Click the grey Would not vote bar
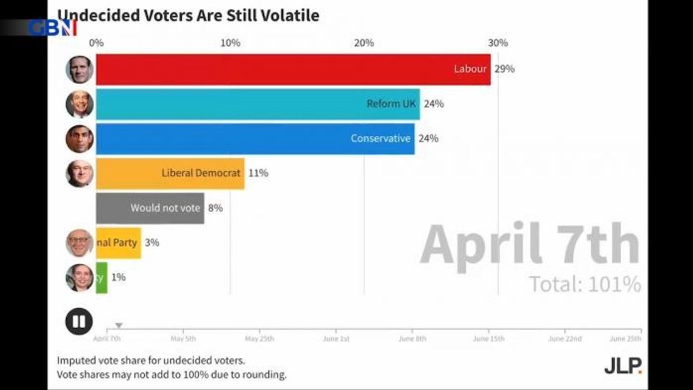click(x=150, y=208)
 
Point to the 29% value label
click(x=505, y=70)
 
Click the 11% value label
click(x=258, y=173)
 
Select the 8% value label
click(x=215, y=208)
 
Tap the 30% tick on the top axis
click(x=498, y=43)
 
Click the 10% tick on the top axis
click(x=230, y=43)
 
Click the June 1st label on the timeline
click(x=336, y=339)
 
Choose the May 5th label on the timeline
click(x=183, y=339)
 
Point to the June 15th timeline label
click(x=489, y=339)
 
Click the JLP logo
click(x=623, y=366)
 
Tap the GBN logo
click(x=52, y=28)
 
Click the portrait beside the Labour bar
click(x=79, y=70)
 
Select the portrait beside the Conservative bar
click(x=79, y=139)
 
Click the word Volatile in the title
click(x=288, y=15)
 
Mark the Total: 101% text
click(x=584, y=284)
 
